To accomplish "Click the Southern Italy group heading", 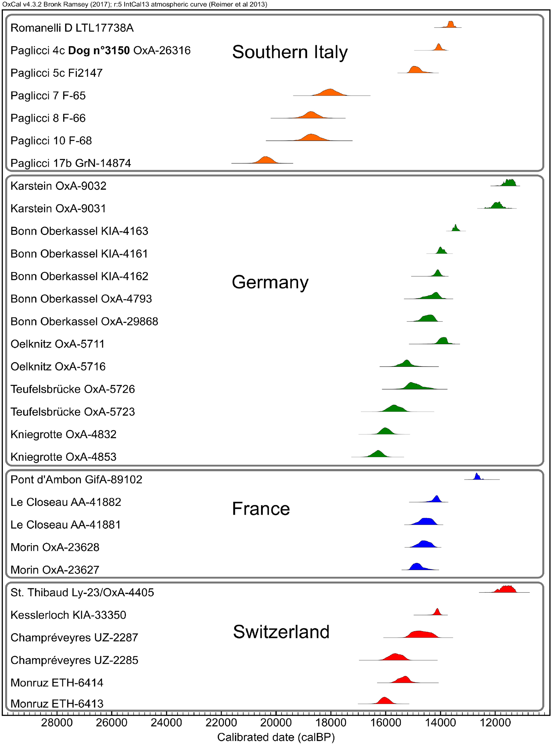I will click(290, 52).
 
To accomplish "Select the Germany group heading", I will click(270, 282).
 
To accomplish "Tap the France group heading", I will click(261, 509).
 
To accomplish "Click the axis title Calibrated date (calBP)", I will click(276, 737).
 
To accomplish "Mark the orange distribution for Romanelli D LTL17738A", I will click(451, 25).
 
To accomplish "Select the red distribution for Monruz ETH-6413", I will click(385, 701).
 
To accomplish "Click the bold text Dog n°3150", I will click(99, 51).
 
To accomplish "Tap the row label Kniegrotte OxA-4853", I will click(63, 457).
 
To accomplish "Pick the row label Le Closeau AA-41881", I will click(65, 525).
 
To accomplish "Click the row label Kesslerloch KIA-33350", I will click(68, 615).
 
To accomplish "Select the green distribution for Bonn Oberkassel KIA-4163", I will click(455, 228).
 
